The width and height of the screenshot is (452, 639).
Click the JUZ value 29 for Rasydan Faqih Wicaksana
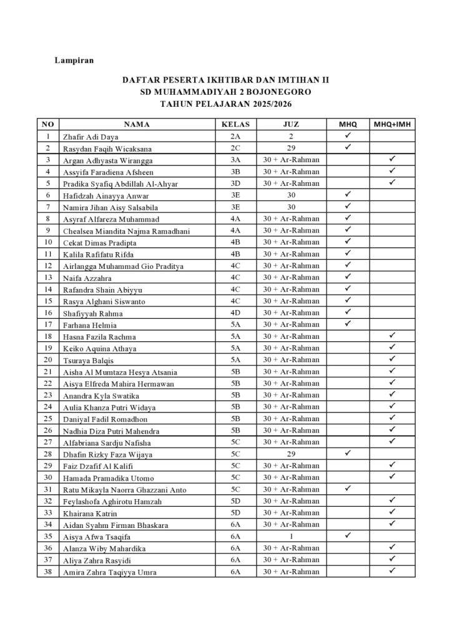tap(291, 149)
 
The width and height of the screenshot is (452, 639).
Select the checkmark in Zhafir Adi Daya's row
tap(349, 135)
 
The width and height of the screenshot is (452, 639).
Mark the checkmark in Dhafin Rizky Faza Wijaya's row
tap(349, 454)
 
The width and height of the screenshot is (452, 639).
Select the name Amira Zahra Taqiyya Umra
tap(109, 572)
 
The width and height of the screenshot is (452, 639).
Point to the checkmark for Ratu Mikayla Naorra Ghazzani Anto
tap(349, 489)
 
